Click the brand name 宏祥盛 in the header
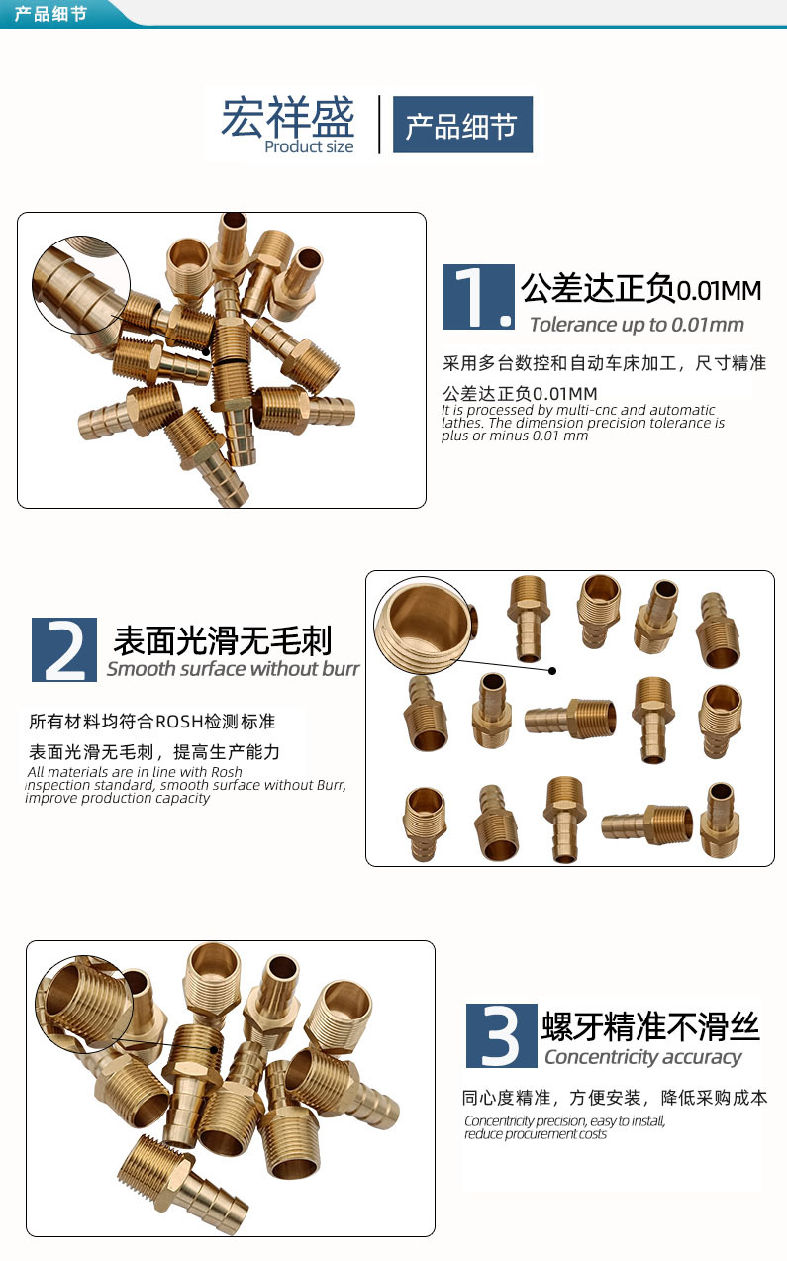[287, 118]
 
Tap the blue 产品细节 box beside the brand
[462, 125]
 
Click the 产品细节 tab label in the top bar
[50, 13]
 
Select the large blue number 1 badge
[479, 297]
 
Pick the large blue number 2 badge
[64, 649]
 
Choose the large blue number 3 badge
[501, 1034]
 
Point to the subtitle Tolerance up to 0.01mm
[636, 325]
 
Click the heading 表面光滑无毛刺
[223, 640]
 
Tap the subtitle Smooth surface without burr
[233, 669]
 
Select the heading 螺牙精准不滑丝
[650, 1026]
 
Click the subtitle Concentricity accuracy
[642, 1057]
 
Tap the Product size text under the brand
[309, 146]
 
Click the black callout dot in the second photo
[553, 671]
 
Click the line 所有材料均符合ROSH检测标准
[151, 721]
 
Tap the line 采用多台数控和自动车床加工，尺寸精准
[604, 363]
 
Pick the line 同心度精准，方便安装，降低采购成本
[614, 1098]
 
